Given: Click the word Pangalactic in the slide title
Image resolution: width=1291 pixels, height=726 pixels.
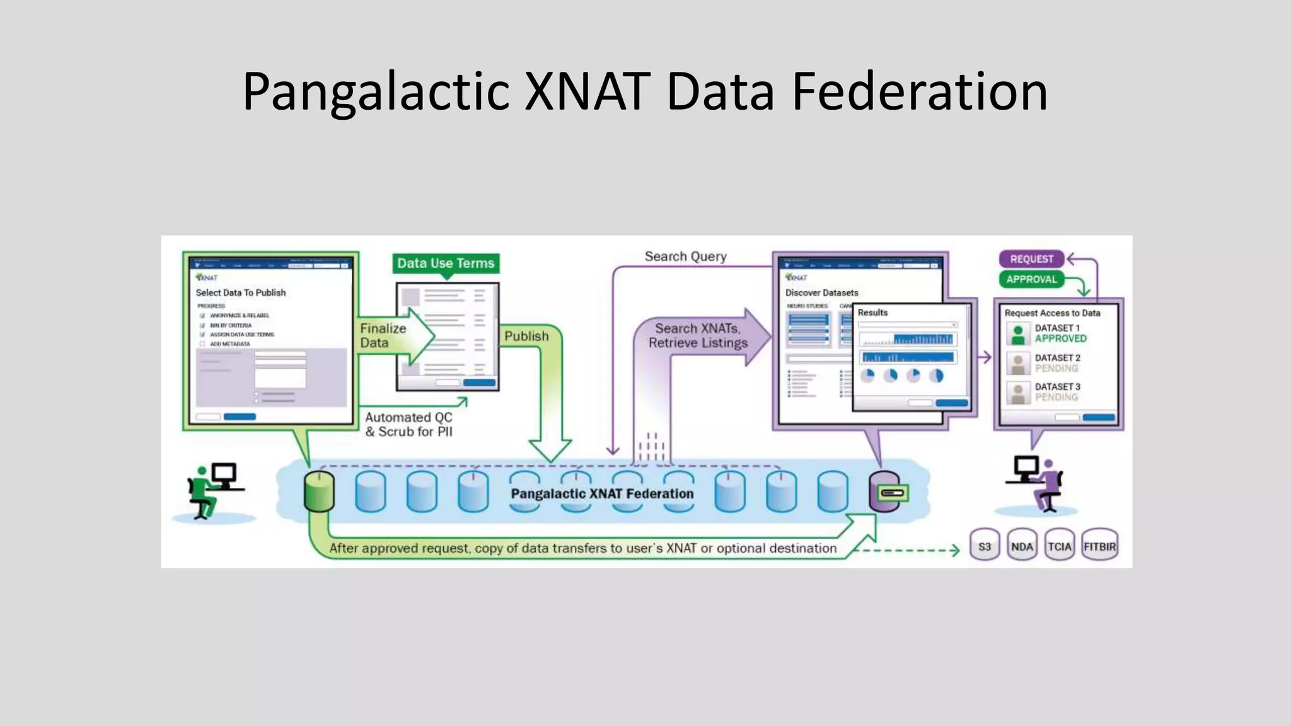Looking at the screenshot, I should tap(376, 92).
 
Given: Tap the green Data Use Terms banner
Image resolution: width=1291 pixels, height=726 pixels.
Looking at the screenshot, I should tap(446, 263).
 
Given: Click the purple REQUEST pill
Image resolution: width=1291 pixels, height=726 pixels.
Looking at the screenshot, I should tap(1031, 259).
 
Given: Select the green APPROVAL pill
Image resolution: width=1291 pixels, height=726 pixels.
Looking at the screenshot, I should tap(1031, 279).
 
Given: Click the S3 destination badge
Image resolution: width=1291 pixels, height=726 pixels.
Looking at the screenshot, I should tap(984, 546).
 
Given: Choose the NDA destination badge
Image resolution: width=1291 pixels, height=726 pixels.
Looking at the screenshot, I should tap(1022, 546).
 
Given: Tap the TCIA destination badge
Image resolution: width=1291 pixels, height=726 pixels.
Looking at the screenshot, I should tap(1059, 546).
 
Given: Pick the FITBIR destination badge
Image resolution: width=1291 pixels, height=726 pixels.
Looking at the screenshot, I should tap(1099, 546).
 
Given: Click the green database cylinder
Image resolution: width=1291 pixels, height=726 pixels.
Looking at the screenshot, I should tap(319, 492).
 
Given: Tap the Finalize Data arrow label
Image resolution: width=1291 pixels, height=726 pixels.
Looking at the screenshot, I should tap(383, 335).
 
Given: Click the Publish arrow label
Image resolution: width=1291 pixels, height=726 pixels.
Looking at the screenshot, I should tap(526, 337).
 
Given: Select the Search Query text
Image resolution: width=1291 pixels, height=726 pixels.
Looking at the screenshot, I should tap(685, 256).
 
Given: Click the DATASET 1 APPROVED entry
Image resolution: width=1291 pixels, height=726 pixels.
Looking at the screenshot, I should tap(1060, 333).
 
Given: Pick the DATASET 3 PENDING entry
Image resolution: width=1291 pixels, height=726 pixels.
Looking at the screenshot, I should tap(1057, 392).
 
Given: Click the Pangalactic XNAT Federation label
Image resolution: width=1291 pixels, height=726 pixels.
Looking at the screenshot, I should tap(602, 493).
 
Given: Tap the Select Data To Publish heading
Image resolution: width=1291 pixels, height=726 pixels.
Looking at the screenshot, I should tap(240, 293).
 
